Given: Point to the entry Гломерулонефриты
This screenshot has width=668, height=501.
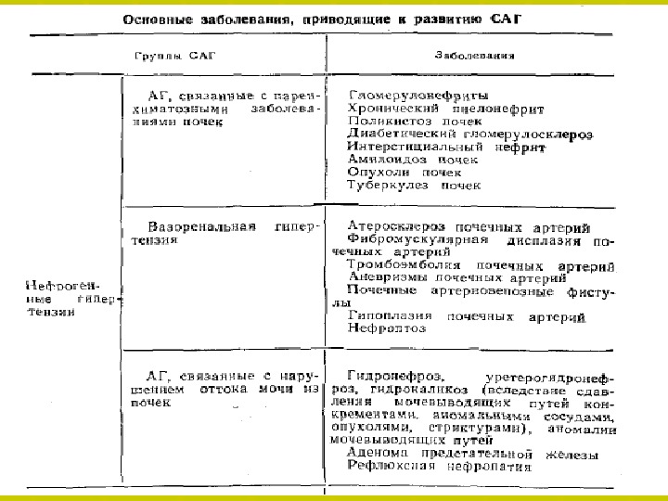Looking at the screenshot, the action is (x=418, y=95).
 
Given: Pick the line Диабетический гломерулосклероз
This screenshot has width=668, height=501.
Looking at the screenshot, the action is (x=469, y=134).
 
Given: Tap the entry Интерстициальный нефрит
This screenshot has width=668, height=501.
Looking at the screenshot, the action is (x=446, y=147).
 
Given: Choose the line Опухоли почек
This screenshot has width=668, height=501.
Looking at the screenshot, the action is (x=404, y=173).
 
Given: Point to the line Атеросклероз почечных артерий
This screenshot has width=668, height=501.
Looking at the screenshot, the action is (x=471, y=226).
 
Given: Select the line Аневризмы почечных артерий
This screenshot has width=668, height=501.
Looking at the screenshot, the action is (x=457, y=277).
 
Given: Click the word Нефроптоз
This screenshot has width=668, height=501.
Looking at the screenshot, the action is (x=387, y=328).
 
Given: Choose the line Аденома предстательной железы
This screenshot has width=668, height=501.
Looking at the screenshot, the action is (x=472, y=454).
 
